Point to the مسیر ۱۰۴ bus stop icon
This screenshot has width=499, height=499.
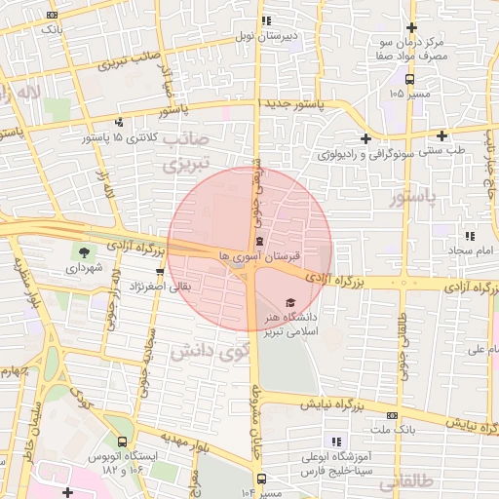[262, 478]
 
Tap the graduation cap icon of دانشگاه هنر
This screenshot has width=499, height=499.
[288, 302]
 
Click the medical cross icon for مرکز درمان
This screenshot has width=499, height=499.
[411, 29]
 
